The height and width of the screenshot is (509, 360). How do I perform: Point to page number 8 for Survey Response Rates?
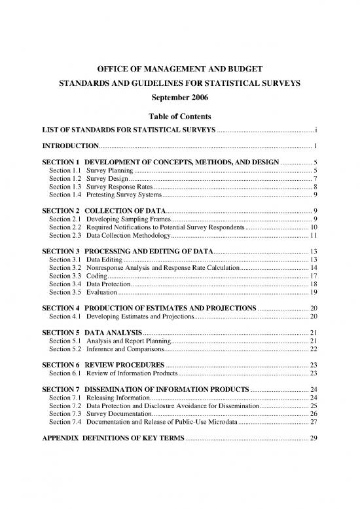[315, 187]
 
